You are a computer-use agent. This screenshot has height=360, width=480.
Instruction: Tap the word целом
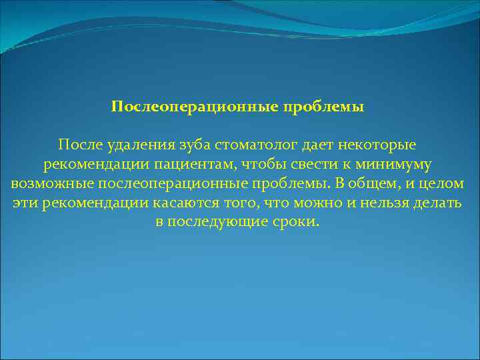click(443, 183)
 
